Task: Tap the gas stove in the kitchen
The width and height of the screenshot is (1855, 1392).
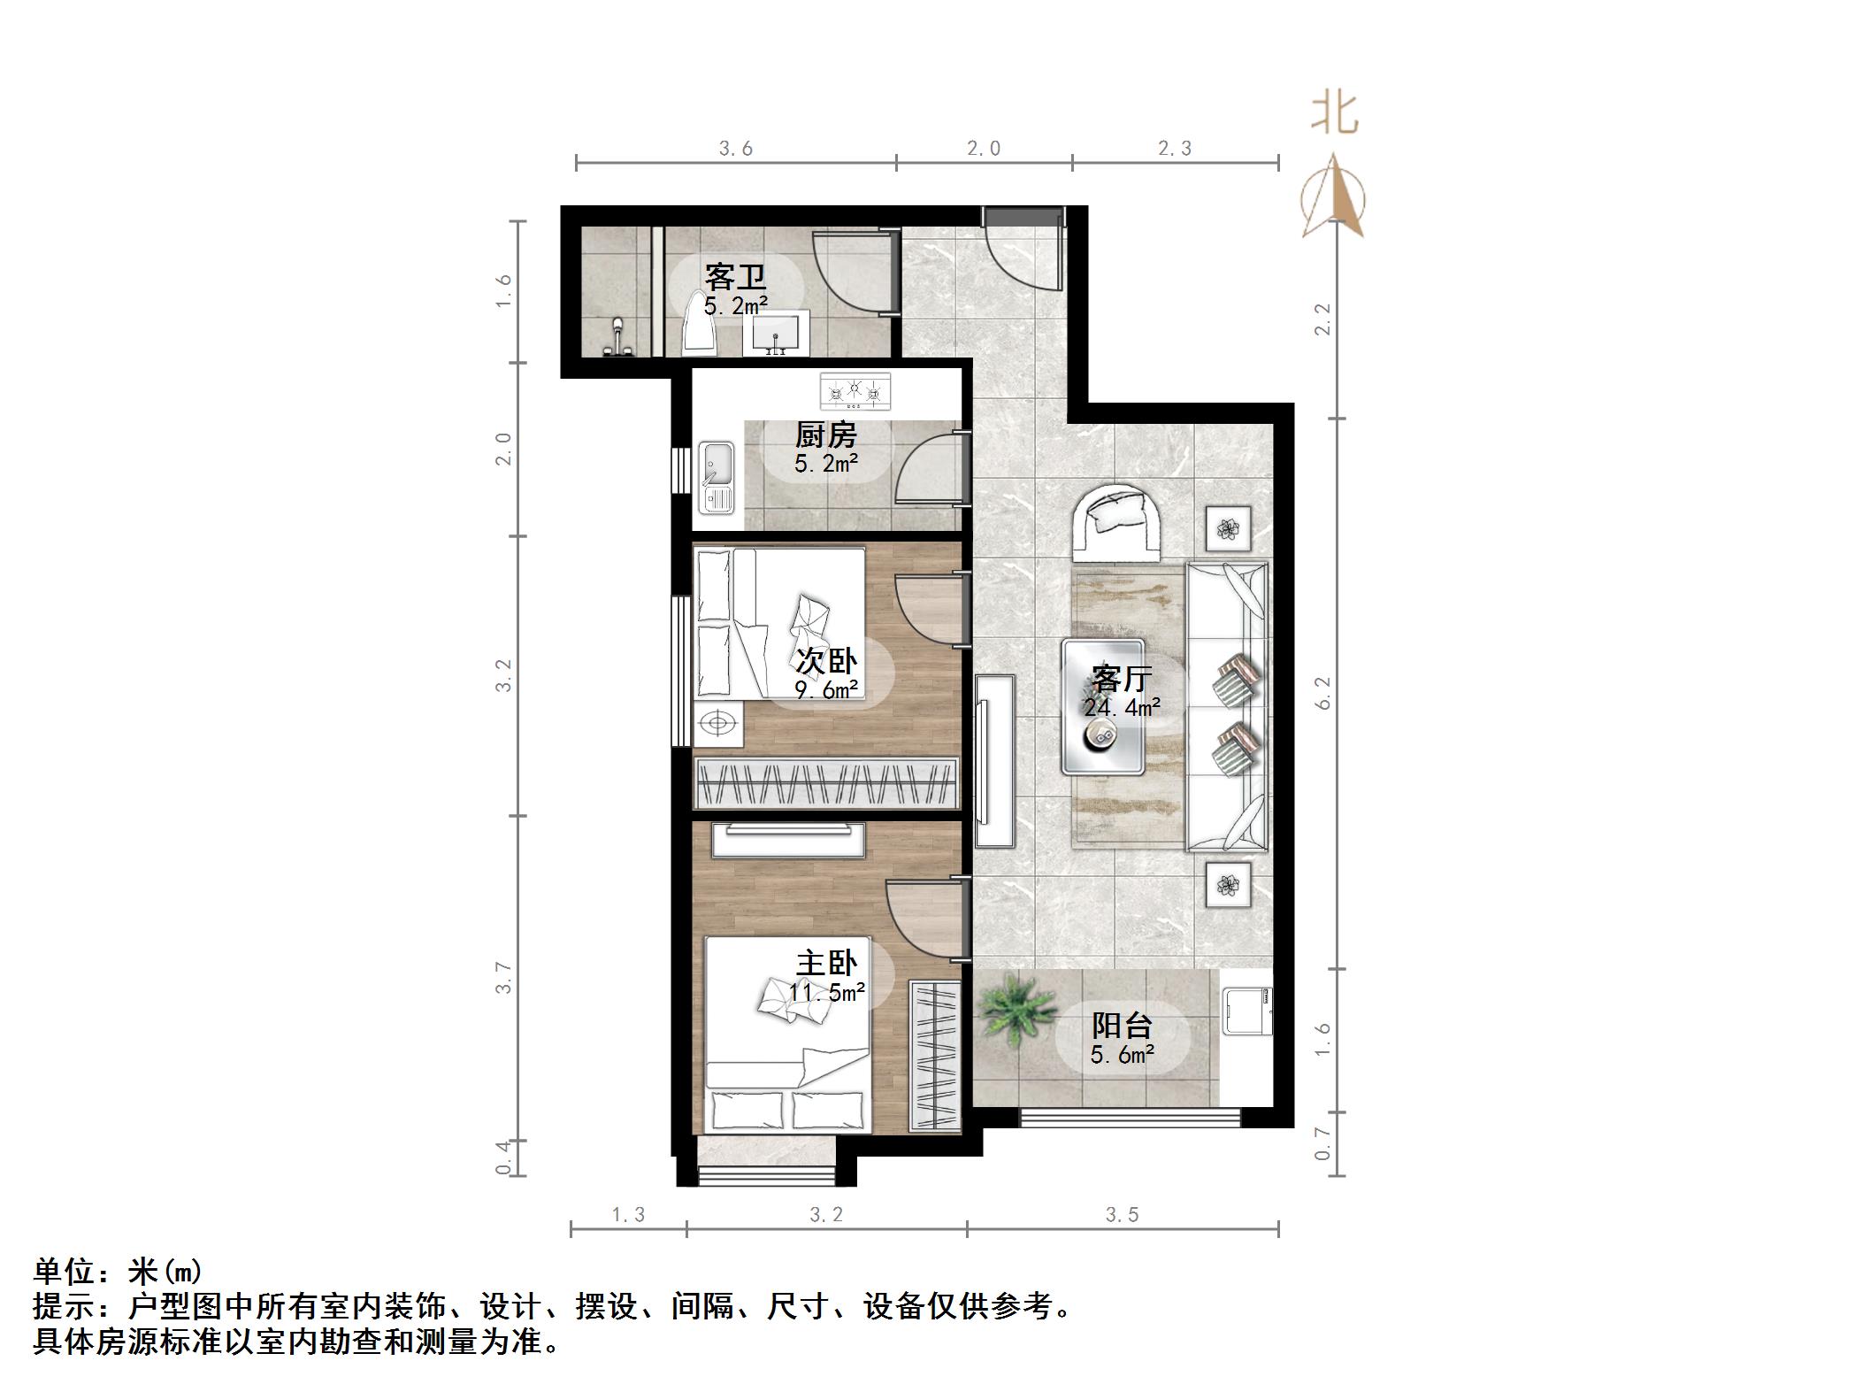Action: tap(855, 390)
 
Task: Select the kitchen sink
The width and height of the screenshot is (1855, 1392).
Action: tap(717, 478)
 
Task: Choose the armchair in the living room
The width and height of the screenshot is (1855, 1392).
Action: tap(1117, 522)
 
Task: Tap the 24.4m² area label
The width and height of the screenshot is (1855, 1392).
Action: tap(1121, 706)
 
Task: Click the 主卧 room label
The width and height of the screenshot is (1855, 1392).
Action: tap(826, 963)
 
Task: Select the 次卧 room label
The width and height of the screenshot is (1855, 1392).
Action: tap(826, 661)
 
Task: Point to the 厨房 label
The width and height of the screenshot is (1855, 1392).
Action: tap(826, 435)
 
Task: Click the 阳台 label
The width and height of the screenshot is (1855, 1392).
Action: tap(1122, 1026)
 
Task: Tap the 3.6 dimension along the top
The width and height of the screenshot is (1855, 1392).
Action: tap(735, 149)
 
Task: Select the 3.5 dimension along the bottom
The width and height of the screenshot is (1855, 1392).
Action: tap(1122, 1215)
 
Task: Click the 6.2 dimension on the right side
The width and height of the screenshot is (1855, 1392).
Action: tap(1322, 693)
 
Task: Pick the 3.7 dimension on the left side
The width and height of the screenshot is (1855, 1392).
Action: tap(503, 977)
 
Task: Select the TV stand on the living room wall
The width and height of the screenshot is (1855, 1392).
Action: tap(995, 761)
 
